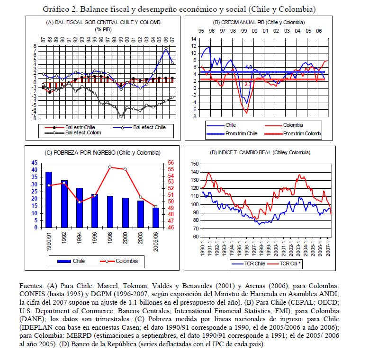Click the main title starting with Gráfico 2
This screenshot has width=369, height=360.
pyautogui.click(x=179, y=9)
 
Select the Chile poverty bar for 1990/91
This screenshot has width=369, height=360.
pyautogui.click(x=49, y=199)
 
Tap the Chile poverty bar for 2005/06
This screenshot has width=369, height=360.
pyautogui.click(x=155, y=217)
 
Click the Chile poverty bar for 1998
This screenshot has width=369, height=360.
pyautogui.click(x=109, y=211)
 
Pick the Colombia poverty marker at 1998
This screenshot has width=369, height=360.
pyautogui.click(x=109, y=167)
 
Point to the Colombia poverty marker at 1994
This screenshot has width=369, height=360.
pyautogui.click(x=79, y=202)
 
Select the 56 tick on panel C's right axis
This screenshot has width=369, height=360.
pyautogui.click(x=171, y=163)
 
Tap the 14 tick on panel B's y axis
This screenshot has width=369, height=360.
pyautogui.click(x=194, y=39)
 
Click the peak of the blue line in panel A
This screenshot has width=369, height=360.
pyautogui.click(x=166, y=49)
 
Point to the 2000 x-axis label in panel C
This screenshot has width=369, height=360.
pyautogui.click(x=125, y=239)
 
